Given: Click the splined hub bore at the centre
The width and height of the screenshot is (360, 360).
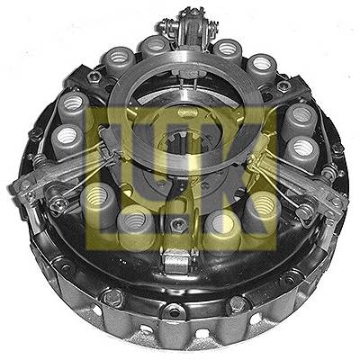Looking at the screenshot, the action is pos(180,144).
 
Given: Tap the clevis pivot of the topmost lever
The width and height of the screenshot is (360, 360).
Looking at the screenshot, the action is pos(189,25).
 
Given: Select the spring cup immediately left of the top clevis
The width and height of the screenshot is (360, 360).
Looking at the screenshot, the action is pos(155,46).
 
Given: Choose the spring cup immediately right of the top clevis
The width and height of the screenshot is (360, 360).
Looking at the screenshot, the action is pos(228,48).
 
